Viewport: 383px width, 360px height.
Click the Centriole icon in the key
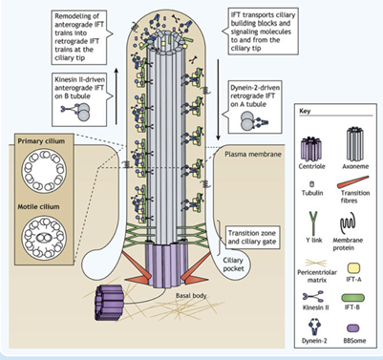(311, 149)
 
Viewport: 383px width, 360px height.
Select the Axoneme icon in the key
(355, 144)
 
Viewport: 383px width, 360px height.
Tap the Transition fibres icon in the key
(352, 182)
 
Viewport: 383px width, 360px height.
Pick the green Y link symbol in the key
(313, 222)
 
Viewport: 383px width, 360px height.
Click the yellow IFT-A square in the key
(353, 269)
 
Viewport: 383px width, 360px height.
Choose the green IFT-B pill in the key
(353, 298)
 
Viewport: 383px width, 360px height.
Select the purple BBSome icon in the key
(352, 328)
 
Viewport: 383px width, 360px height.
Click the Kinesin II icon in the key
(313, 297)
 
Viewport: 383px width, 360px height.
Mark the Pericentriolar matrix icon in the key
(316, 263)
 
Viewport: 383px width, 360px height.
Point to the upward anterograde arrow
(117, 95)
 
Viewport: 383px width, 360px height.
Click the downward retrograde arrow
(218, 99)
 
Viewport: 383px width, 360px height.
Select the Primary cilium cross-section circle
(44, 170)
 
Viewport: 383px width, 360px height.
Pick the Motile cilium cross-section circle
(44, 237)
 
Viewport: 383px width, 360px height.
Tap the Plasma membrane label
(253, 154)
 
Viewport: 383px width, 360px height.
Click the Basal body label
(191, 295)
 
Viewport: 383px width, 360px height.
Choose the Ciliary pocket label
(233, 265)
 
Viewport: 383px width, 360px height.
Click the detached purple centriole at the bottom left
(110, 302)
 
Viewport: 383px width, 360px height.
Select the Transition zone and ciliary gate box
(252, 237)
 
